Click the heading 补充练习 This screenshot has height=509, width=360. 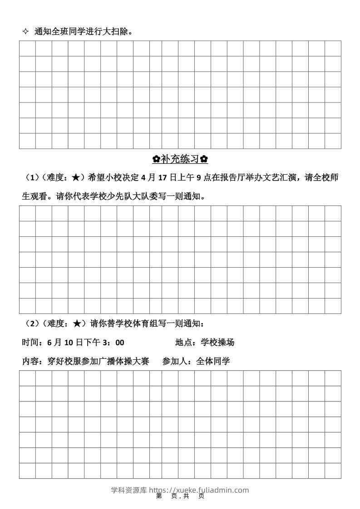click(x=180, y=159)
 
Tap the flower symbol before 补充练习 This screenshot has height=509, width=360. click(x=156, y=159)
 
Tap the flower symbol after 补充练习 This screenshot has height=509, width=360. click(x=204, y=159)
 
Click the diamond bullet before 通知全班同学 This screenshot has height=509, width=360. click(x=25, y=32)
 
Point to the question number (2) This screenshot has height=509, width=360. click(x=31, y=323)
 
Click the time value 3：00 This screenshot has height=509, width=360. click(x=113, y=343)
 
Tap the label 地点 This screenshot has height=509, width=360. click(x=184, y=343)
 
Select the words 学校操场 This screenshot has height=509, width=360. click(x=217, y=343)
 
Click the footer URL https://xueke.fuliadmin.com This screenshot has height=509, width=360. click(x=199, y=490)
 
